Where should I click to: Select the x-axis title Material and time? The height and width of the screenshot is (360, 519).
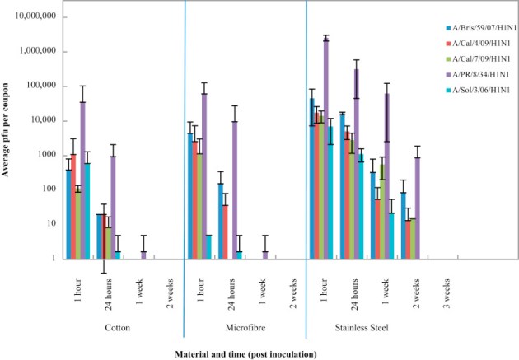[245, 353]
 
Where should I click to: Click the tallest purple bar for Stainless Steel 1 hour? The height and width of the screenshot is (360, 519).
[326, 148]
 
